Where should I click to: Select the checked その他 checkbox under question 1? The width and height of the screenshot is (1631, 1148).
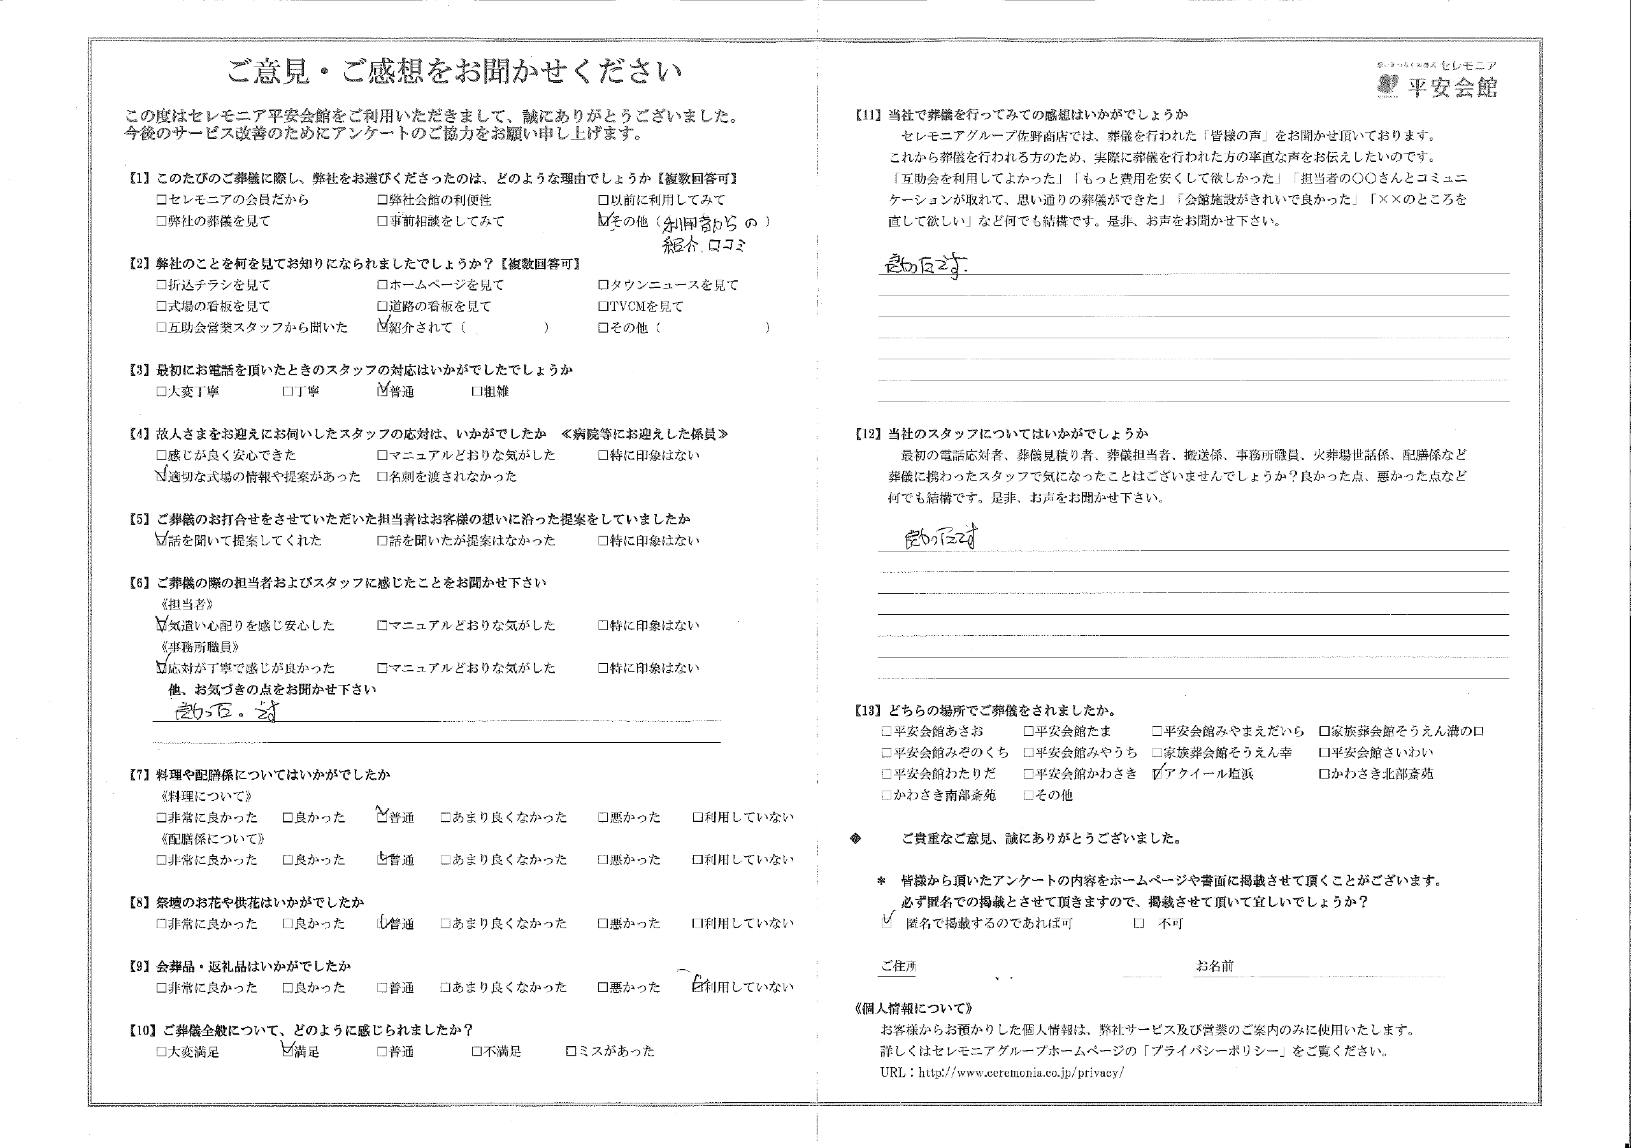(604, 221)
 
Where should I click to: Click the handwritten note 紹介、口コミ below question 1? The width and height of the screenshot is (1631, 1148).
(704, 246)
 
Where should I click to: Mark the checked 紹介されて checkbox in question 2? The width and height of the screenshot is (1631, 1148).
(384, 327)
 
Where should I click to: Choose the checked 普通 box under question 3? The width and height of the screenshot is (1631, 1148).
(384, 391)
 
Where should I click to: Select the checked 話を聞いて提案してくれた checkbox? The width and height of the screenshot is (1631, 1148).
(161, 540)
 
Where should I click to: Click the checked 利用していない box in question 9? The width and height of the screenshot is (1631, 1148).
(698, 986)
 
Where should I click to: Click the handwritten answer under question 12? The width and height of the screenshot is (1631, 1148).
(939, 539)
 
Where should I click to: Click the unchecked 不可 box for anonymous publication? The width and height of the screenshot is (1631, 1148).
(1139, 924)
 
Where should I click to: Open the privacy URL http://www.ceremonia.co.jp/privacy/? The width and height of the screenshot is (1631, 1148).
(1021, 1073)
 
